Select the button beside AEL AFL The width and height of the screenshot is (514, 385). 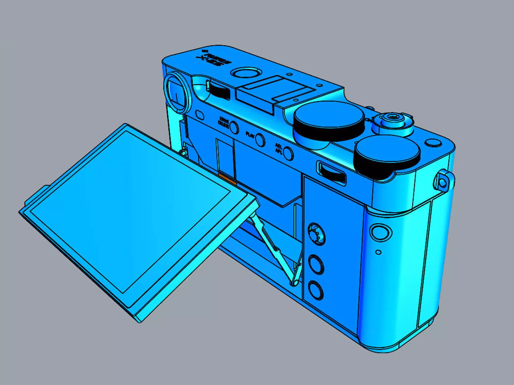(288, 153)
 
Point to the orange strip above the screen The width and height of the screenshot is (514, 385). (227, 179)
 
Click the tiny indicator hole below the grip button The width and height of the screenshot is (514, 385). (378, 252)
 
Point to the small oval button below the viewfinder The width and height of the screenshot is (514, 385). (200, 115)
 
